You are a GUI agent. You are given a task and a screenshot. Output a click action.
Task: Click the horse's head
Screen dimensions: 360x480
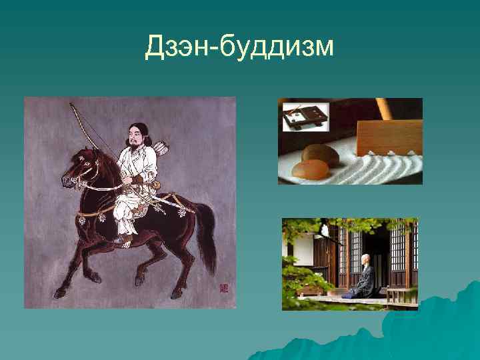coord(76,171)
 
